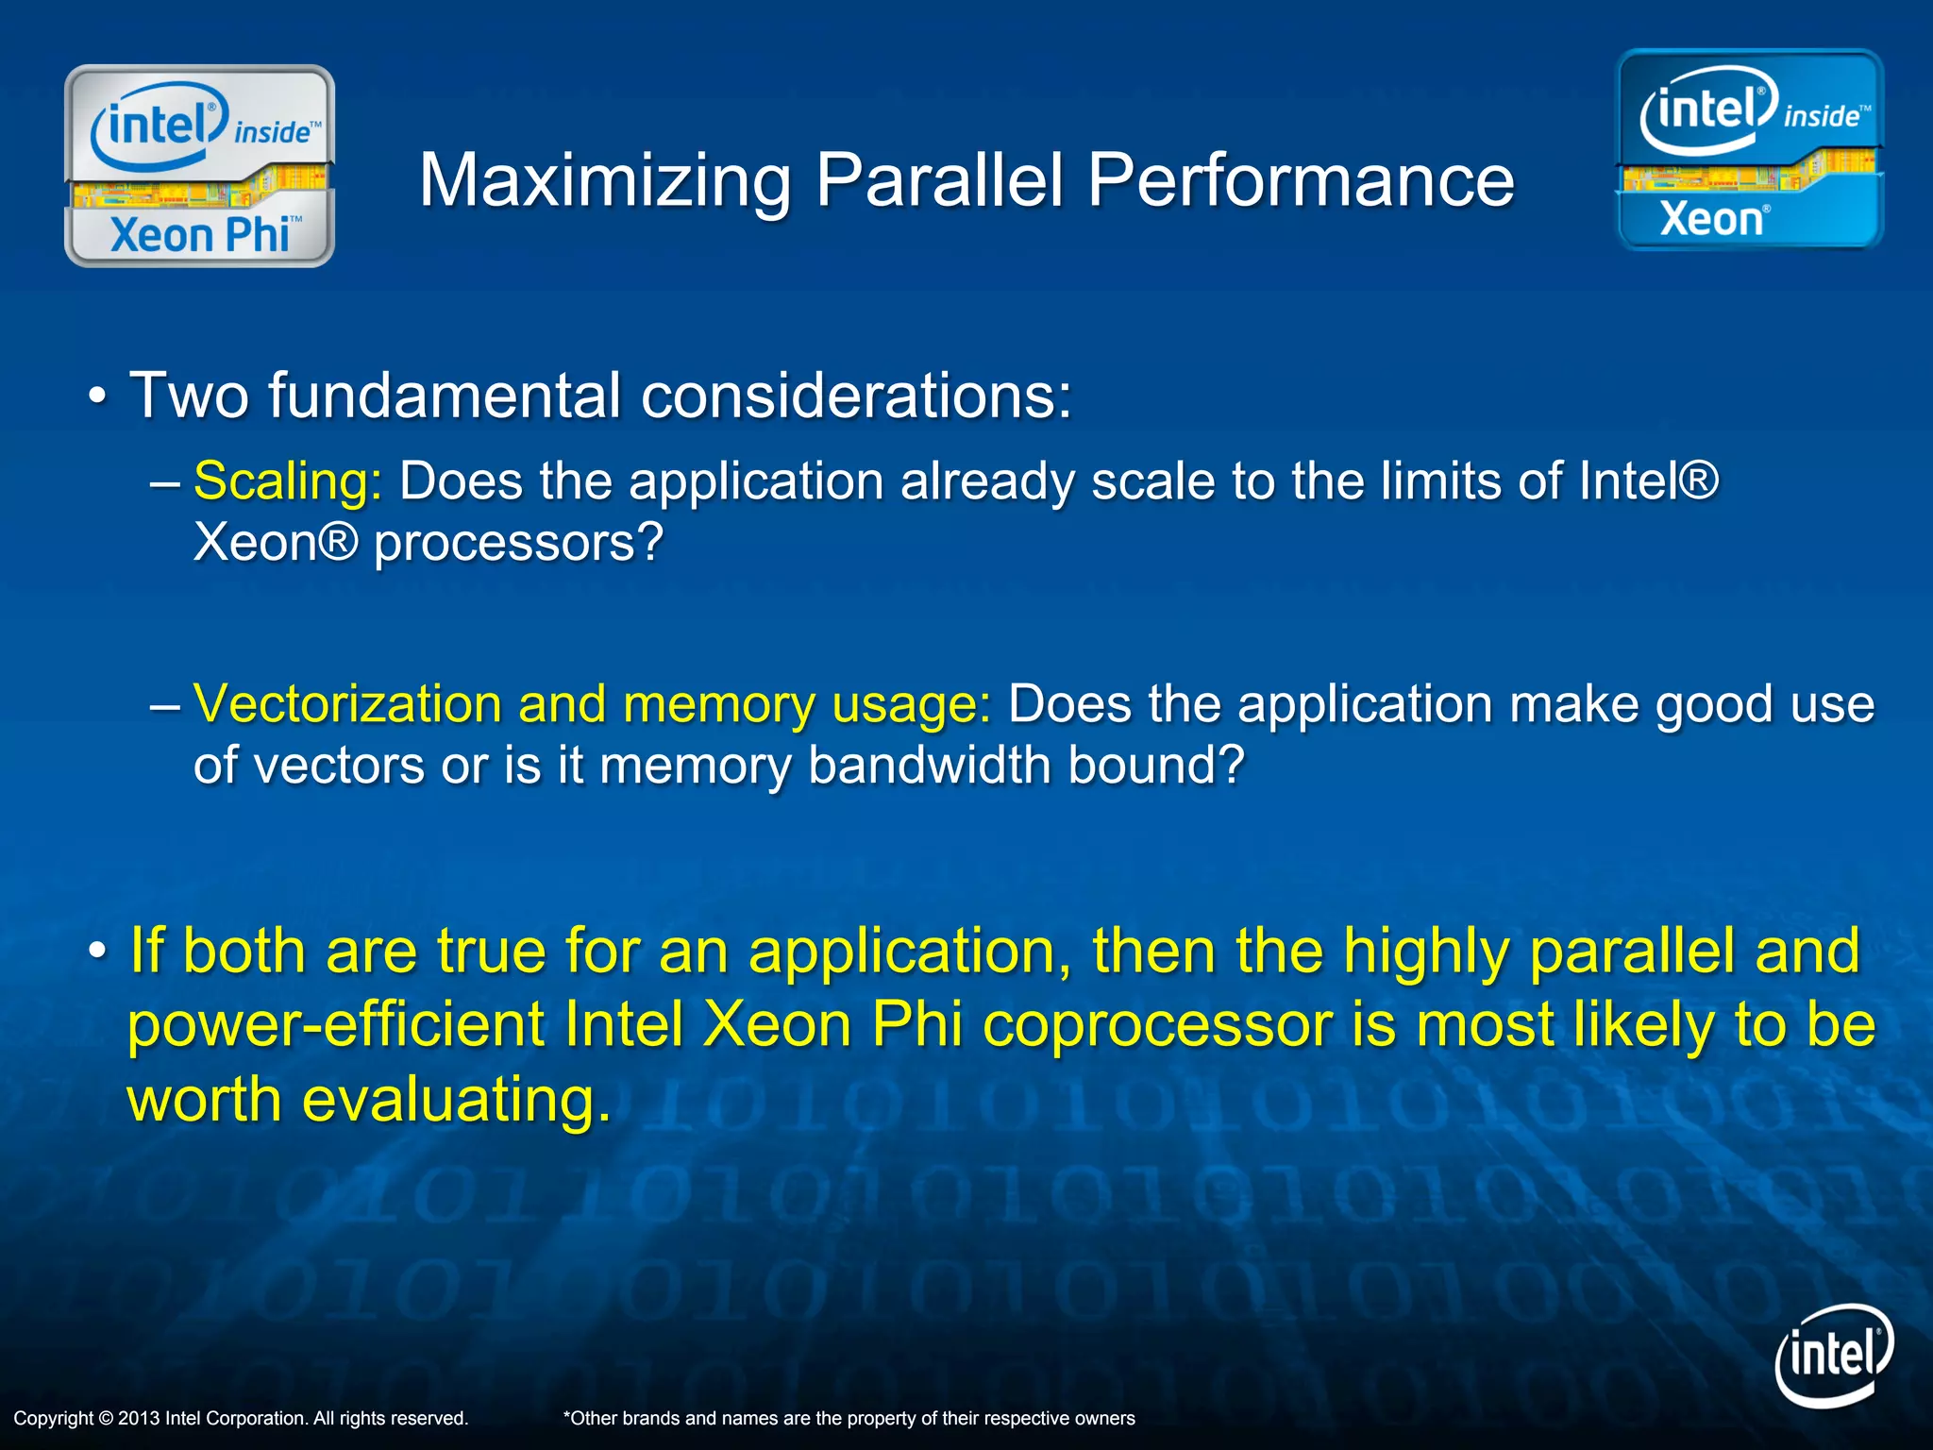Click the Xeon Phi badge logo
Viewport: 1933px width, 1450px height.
[199, 166]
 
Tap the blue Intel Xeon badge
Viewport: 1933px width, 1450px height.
[1750, 150]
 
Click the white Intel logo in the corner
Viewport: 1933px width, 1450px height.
[1833, 1356]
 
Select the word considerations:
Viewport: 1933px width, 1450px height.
[856, 396]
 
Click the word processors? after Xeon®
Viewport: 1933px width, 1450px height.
[519, 544]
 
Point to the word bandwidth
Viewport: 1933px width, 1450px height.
[929, 765]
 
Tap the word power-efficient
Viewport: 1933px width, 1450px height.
[336, 1025]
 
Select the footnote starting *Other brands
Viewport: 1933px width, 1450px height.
[849, 1418]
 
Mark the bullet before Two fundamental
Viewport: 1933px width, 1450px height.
[97, 397]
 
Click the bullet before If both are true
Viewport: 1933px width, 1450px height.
[97, 952]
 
